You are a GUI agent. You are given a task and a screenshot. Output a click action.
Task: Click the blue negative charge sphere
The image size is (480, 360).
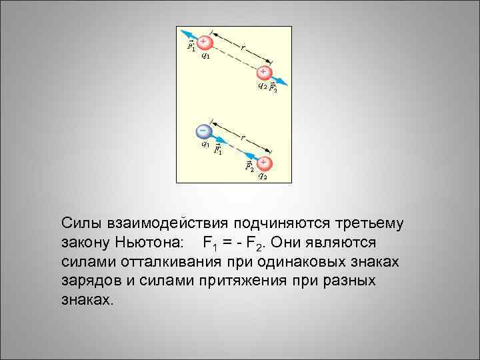point(203,130)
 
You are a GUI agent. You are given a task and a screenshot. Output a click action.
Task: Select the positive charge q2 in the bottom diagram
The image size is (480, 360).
point(264,163)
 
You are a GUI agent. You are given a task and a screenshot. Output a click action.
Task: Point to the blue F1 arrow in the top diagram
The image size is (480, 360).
point(190,35)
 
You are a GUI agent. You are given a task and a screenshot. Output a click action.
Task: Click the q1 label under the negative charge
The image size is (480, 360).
point(205,143)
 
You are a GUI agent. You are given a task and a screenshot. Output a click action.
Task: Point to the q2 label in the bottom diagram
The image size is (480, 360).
point(263,177)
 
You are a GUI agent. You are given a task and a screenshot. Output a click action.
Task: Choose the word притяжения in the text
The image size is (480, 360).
point(245,280)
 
